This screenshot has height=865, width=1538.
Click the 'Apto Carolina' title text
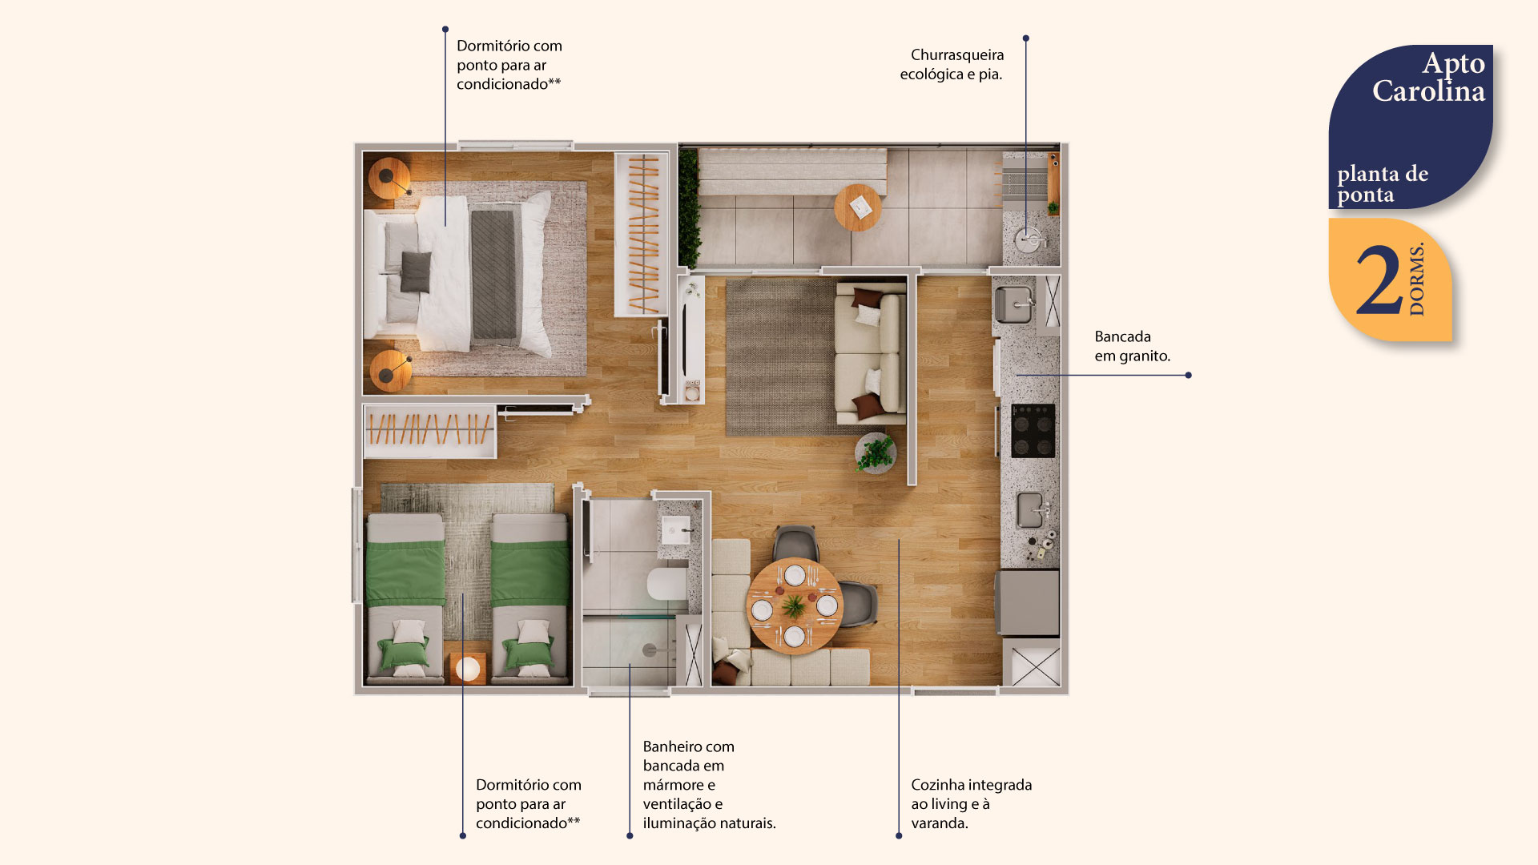[1428, 78]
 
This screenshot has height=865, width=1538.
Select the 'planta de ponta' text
[1382, 184]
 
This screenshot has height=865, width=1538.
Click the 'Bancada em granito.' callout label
[1132, 346]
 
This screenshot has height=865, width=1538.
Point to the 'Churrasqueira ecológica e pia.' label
[952, 65]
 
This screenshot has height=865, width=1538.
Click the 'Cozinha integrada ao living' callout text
[971, 803]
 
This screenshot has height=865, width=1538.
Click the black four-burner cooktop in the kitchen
[1033, 431]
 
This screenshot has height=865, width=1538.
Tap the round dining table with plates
[794, 606]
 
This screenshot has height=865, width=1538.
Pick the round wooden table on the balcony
[858, 207]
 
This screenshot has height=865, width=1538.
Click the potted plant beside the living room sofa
[875, 453]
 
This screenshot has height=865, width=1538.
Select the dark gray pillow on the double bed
[415, 272]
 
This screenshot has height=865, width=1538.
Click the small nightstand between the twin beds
[467, 667]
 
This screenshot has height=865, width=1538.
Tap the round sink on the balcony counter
[1029, 239]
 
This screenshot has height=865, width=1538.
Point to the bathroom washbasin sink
[675, 529]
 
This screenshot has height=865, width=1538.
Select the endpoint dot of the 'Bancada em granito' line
[1188, 375]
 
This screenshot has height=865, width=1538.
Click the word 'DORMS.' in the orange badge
[1417, 280]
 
